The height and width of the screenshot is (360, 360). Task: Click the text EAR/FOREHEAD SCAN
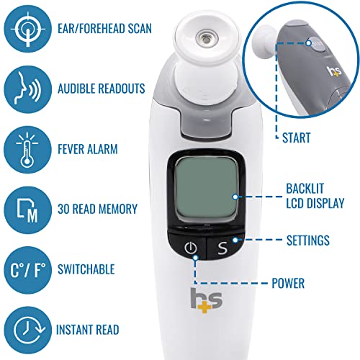pyautogui.click(x=114, y=31)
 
